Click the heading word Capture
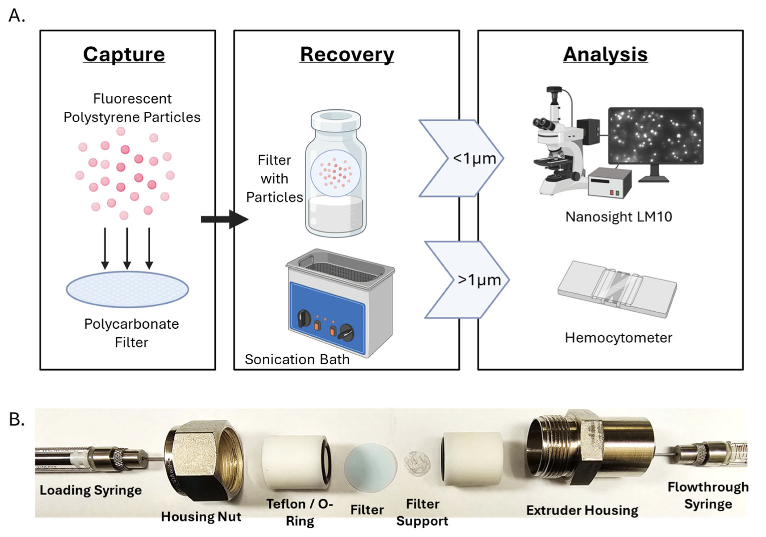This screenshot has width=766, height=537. (124, 55)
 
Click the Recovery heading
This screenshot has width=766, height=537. (347, 55)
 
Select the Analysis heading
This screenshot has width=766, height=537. (605, 55)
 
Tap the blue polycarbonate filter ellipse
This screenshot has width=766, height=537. (127, 289)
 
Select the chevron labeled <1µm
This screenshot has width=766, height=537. (464, 158)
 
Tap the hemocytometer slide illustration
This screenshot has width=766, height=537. (617, 289)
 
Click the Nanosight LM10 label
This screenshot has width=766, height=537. (618, 217)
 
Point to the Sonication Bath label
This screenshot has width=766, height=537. (297, 359)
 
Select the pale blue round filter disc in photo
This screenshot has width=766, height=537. (370, 468)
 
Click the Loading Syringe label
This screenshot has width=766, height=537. (90, 490)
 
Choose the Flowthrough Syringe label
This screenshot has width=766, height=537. (708, 495)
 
